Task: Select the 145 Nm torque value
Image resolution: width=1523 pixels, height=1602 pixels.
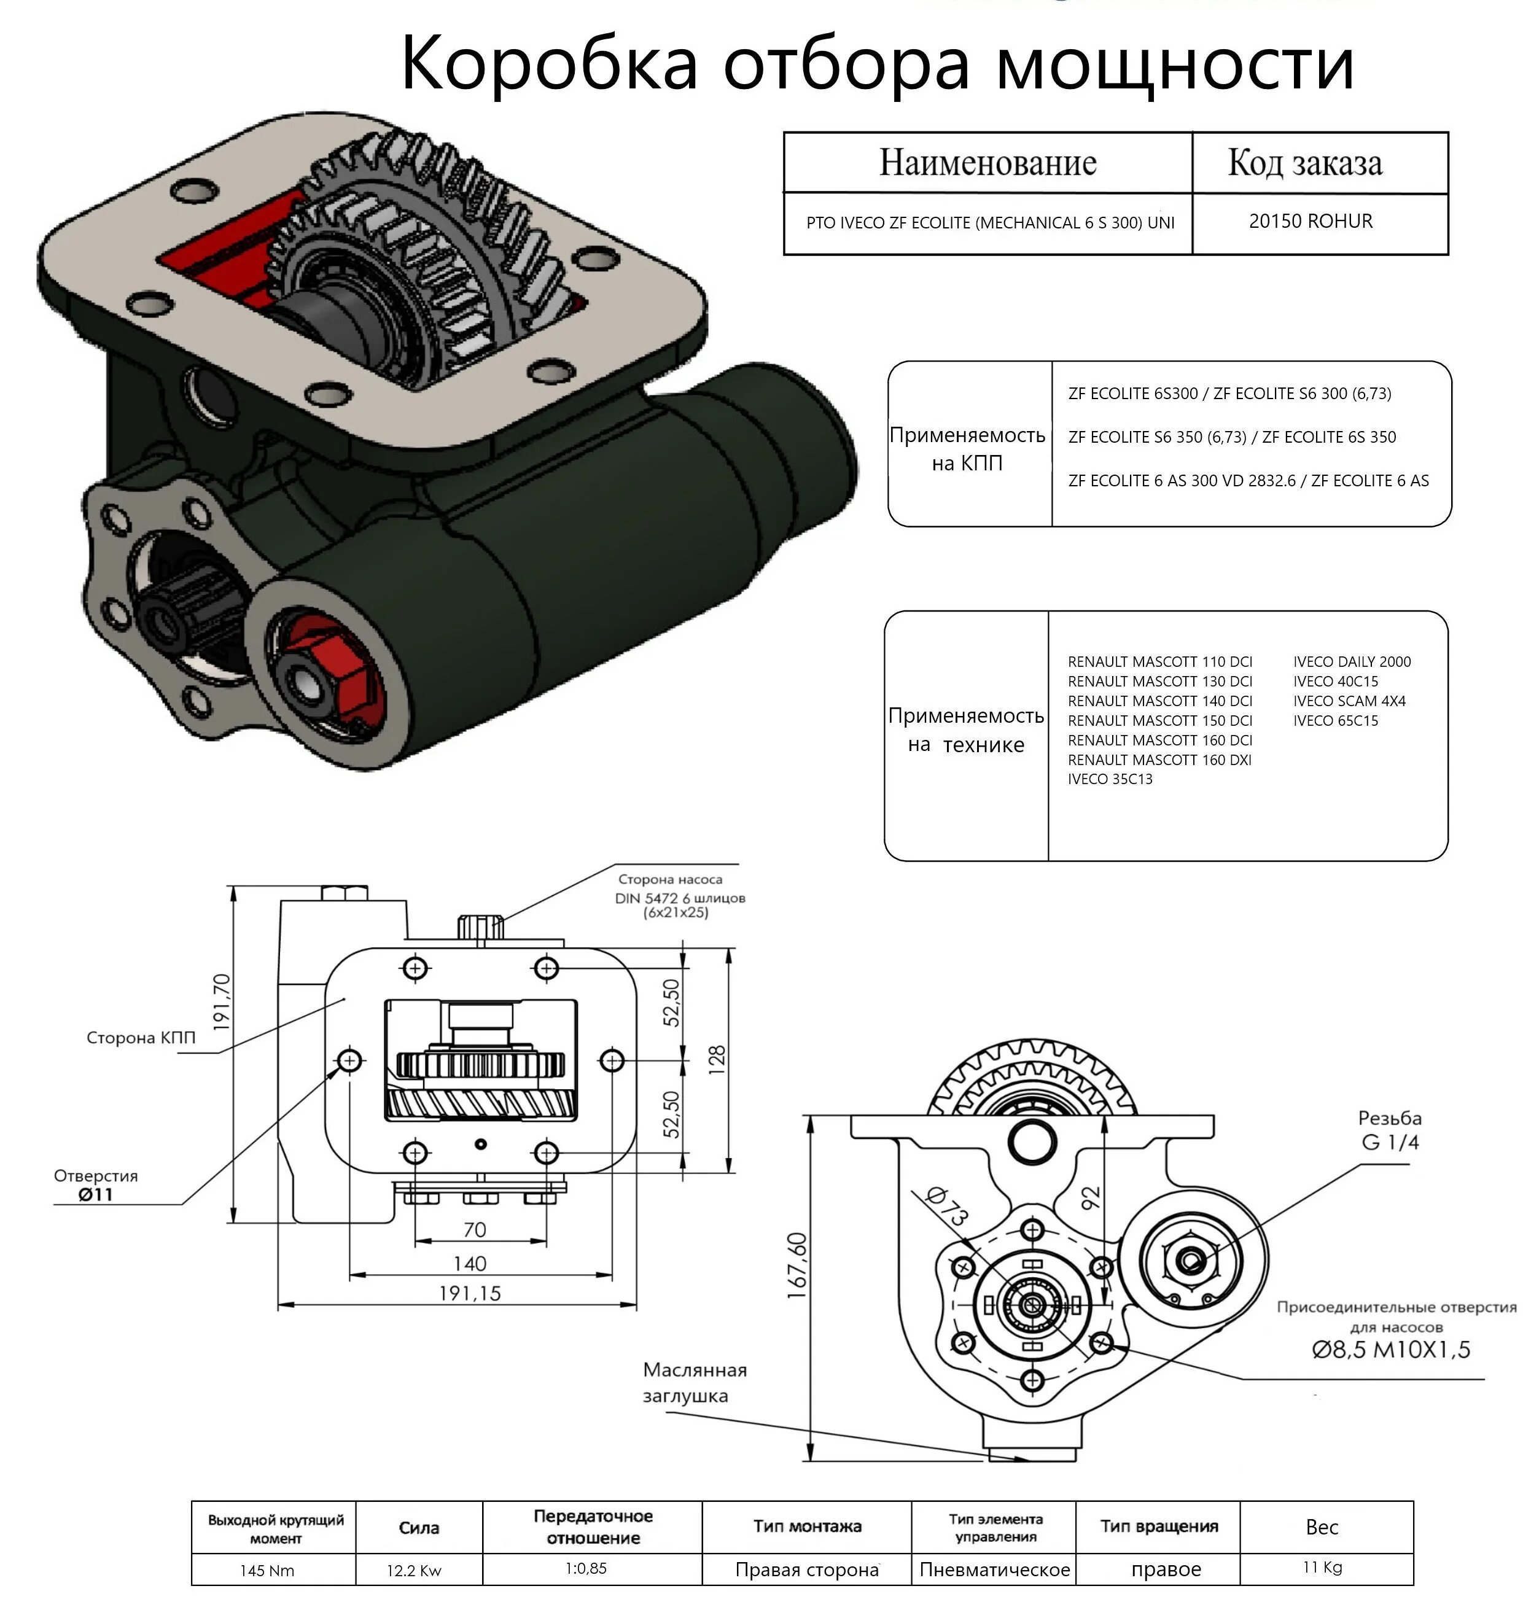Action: click(x=267, y=1570)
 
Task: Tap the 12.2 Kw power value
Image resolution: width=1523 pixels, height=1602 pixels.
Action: click(x=413, y=1570)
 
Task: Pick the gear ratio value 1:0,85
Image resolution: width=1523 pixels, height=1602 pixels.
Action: click(x=585, y=1568)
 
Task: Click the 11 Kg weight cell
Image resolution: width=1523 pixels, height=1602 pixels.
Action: click(x=1322, y=1567)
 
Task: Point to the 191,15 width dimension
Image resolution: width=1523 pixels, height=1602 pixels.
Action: click(x=469, y=1293)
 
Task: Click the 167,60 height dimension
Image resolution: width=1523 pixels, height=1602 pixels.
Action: click(x=798, y=1266)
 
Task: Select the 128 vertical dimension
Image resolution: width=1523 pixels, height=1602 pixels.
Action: click(x=717, y=1060)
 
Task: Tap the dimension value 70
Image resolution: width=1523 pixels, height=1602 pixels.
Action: click(x=474, y=1229)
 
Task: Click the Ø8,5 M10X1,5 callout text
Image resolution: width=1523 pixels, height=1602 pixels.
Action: click(x=1391, y=1350)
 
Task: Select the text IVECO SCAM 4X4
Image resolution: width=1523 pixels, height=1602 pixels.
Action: click(x=1349, y=701)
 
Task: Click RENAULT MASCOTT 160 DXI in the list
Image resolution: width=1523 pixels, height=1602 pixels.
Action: click(x=1159, y=760)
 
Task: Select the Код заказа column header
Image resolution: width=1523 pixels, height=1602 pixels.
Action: click(x=1304, y=163)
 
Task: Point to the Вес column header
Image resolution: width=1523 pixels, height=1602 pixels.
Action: click(x=1322, y=1526)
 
